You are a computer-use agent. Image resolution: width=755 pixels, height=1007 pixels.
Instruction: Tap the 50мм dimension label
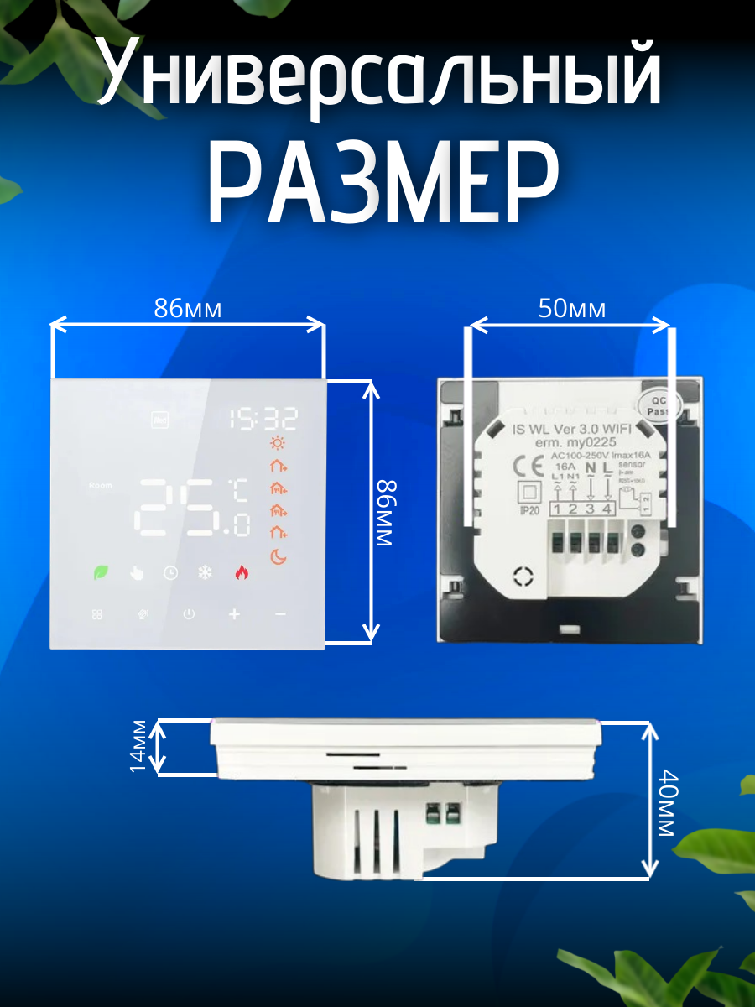tap(571, 309)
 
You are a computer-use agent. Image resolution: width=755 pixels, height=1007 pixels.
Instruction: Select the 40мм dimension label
tap(666, 803)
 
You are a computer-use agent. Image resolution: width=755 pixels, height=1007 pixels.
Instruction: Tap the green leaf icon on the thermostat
tap(100, 573)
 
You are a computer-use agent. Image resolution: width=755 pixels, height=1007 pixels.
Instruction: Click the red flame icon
tap(242, 573)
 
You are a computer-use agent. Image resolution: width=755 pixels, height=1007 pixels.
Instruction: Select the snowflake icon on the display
tap(205, 573)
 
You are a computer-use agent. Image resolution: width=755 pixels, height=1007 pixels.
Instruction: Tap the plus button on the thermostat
tap(234, 614)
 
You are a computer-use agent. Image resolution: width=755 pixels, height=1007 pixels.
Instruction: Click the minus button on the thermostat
tap(279, 614)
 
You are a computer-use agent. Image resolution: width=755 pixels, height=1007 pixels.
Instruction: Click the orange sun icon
tap(278, 445)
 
